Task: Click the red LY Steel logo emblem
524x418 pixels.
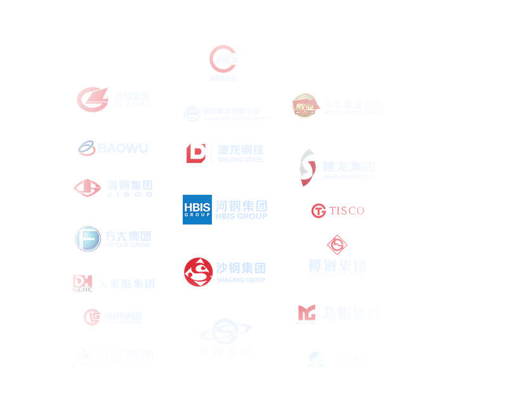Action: coord(92,98)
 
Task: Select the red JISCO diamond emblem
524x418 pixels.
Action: coord(88,187)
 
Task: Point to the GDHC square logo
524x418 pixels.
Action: coord(82,284)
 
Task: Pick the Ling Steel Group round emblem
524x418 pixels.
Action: coord(92,317)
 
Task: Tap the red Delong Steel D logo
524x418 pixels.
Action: coord(196,153)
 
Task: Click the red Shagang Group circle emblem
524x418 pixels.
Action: coord(199,272)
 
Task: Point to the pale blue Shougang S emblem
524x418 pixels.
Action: coord(225,331)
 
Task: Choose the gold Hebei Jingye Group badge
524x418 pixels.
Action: coord(305,106)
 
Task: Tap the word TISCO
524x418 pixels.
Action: coord(347,211)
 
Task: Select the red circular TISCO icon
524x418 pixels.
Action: coord(318,211)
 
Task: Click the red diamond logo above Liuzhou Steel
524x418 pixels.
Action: coord(337,244)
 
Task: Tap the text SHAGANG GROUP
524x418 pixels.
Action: coord(240,280)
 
